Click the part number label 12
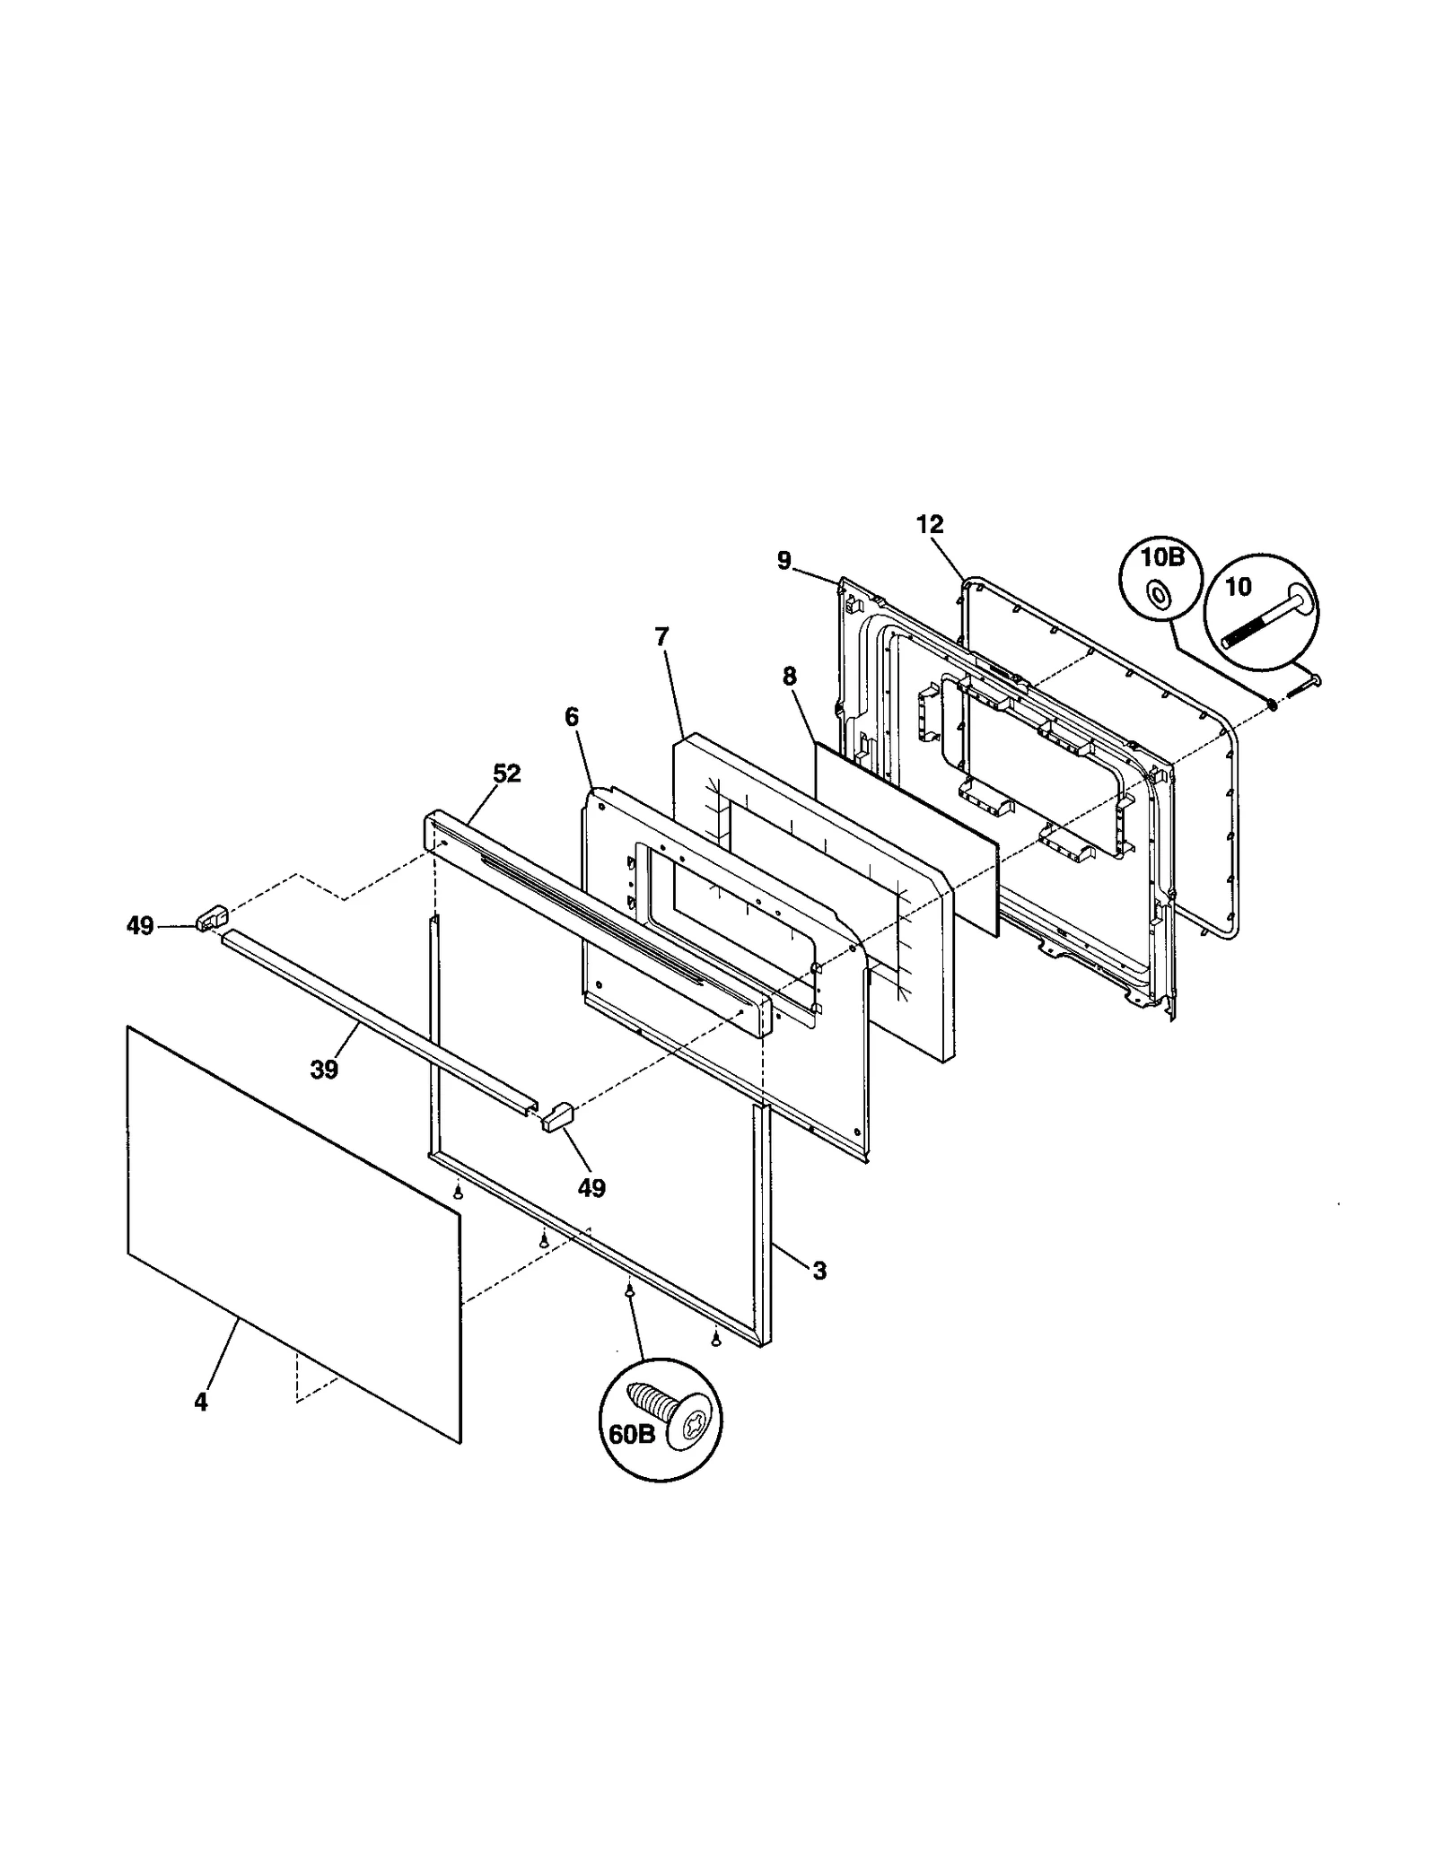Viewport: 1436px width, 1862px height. [x=930, y=525]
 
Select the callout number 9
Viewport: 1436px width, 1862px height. [x=784, y=561]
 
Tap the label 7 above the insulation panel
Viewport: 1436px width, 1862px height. [x=661, y=637]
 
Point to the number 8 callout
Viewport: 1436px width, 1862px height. [x=789, y=677]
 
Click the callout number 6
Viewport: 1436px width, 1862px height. [x=572, y=717]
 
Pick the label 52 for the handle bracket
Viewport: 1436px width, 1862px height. [x=507, y=774]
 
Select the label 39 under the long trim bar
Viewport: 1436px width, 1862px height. [x=324, y=1069]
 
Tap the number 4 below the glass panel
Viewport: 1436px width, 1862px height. [x=200, y=1401]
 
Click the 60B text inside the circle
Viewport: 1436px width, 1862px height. [x=632, y=1433]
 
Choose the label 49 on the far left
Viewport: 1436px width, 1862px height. [x=140, y=926]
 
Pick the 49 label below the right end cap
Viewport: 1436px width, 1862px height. [x=591, y=1188]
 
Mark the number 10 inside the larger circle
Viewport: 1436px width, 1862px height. [x=1238, y=587]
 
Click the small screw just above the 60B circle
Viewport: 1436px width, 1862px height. [x=629, y=1289]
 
